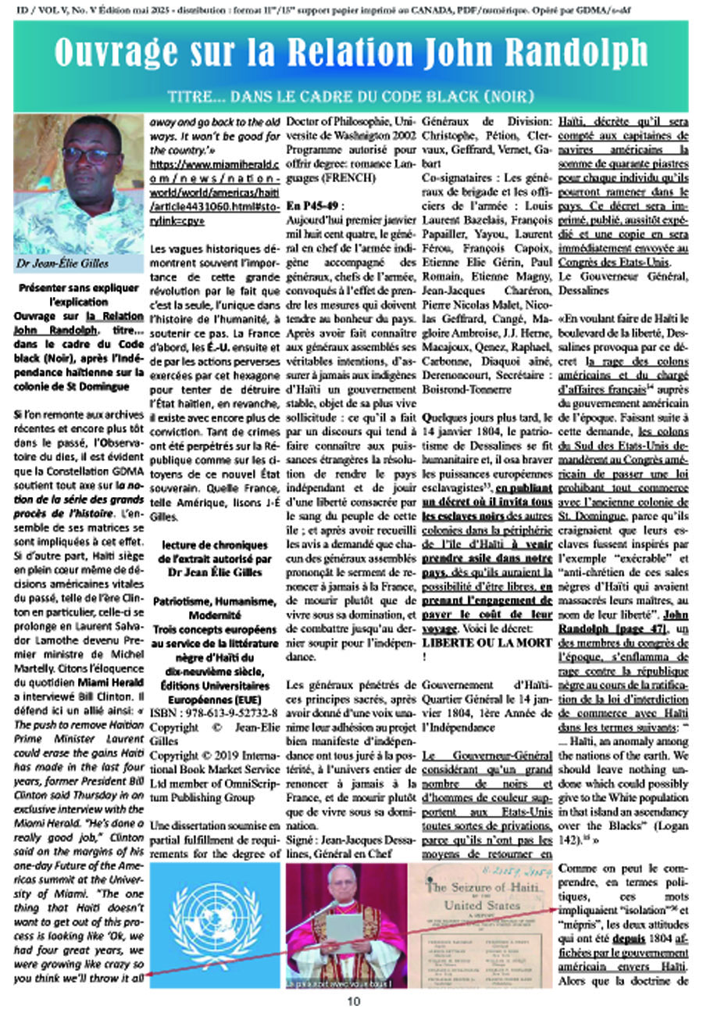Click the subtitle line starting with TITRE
tap(351, 96)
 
